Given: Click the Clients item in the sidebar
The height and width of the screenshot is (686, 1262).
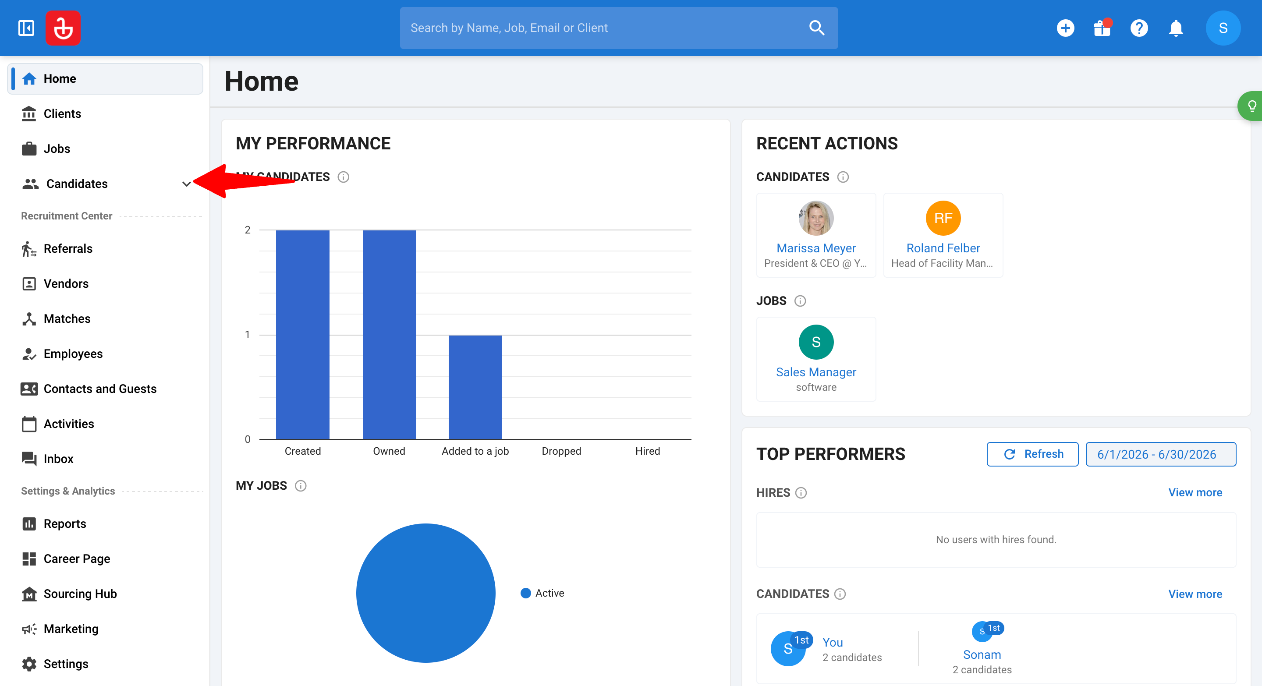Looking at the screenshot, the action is click(x=62, y=113).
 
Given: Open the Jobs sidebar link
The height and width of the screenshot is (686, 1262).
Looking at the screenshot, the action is click(x=57, y=149).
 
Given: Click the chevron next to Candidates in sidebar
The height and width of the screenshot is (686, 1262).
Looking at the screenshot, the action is click(x=186, y=184).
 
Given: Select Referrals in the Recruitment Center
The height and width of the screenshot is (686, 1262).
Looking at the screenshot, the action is click(x=67, y=248).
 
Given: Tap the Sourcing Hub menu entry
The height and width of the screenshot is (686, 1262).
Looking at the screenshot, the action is click(x=80, y=594).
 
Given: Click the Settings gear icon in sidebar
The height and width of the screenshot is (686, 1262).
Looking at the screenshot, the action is click(x=29, y=664).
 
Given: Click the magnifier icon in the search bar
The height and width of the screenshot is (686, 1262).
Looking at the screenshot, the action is click(x=817, y=28).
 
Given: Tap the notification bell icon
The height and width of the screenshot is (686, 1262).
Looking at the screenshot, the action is click(x=1176, y=28).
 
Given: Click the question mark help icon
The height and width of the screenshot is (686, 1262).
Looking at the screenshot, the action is click(x=1139, y=28).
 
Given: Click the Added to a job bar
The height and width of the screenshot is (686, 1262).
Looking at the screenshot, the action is click(x=475, y=387).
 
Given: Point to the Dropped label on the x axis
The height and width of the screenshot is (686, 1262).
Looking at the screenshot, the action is click(x=561, y=451).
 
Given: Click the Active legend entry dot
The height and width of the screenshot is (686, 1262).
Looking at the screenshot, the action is click(x=526, y=593).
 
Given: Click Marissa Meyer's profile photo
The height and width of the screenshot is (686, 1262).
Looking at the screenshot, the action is click(x=816, y=218).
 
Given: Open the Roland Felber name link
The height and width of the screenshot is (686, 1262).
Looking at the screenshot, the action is click(x=943, y=248).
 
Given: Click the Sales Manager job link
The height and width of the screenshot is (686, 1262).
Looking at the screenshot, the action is click(x=816, y=372).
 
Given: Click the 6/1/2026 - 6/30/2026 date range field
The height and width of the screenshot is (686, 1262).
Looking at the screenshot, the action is click(x=1161, y=454).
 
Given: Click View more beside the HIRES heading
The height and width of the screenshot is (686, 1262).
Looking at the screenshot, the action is click(x=1195, y=492).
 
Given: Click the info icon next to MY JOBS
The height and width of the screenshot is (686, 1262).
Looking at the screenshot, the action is click(x=301, y=486).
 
